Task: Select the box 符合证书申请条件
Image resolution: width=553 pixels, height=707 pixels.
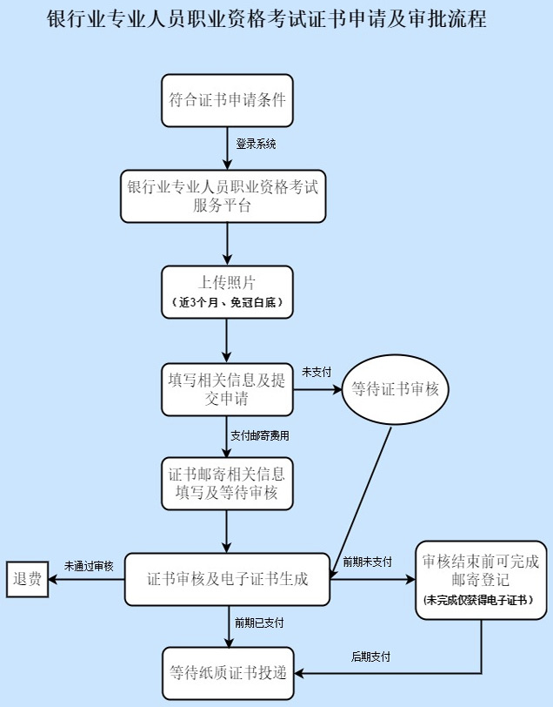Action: point(227,100)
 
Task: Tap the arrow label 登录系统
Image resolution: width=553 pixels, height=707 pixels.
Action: point(256,144)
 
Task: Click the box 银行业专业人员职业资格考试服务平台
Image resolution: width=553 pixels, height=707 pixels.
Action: point(223,195)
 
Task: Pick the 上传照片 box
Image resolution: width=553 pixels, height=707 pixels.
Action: point(227,282)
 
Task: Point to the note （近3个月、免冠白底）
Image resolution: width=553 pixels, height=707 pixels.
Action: point(227,303)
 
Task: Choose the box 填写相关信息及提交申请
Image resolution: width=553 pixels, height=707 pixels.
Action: point(227,388)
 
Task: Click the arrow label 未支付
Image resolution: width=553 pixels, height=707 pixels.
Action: point(316,372)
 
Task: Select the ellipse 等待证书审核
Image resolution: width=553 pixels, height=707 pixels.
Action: point(395,390)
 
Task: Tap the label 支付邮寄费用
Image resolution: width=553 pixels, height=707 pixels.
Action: point(259,434)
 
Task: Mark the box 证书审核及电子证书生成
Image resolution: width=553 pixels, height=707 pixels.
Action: point(227,579)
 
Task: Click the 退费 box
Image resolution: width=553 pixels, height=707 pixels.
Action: point(28,579)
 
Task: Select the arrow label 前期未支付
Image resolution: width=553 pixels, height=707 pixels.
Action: point(367,561)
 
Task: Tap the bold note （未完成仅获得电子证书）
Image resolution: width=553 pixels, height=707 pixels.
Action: point(479,601)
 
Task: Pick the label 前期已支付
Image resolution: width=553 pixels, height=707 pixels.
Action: point(258,623)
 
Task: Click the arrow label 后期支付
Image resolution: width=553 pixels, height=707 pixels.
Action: point(370,656)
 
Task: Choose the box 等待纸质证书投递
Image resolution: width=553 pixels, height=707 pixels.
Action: point(227,672)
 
